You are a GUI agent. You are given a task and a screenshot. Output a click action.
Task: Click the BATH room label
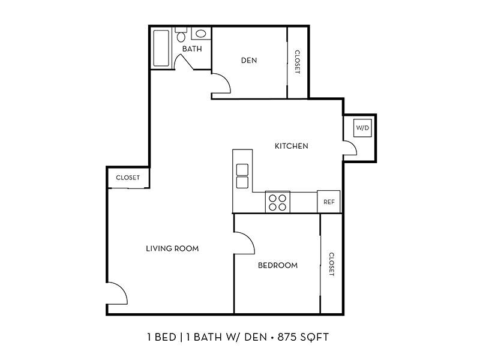tap(192, 49)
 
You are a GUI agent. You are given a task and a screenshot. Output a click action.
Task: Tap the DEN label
tap(249, 61)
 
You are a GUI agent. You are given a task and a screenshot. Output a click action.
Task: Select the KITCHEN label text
tap(292, 146)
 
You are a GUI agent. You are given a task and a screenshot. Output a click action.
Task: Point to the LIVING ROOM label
tap(172, 248)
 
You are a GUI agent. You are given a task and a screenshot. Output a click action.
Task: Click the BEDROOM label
tap(278, 265)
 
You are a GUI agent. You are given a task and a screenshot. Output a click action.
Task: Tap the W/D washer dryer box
tap(363, 128)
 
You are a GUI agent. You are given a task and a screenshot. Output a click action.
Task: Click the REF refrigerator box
tap(328, 202)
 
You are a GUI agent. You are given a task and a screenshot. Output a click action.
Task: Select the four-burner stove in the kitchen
tap(278, 202)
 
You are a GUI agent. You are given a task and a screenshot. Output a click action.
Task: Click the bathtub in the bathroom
tap(161, 48)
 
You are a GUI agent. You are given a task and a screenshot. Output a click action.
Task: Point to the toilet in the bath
tap(181, 35)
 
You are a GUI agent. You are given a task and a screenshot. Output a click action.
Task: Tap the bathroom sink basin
tap(201, 34)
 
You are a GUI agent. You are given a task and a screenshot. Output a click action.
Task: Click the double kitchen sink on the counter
tap(242, 176)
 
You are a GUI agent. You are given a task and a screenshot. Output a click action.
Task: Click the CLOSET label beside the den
tap(297, 62)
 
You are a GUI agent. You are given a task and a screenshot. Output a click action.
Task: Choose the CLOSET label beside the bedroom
tap(331, 264)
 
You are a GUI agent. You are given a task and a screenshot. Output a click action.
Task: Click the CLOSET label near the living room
tap(128, 178)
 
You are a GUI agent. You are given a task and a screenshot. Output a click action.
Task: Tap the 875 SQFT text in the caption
tap(303, 337)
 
